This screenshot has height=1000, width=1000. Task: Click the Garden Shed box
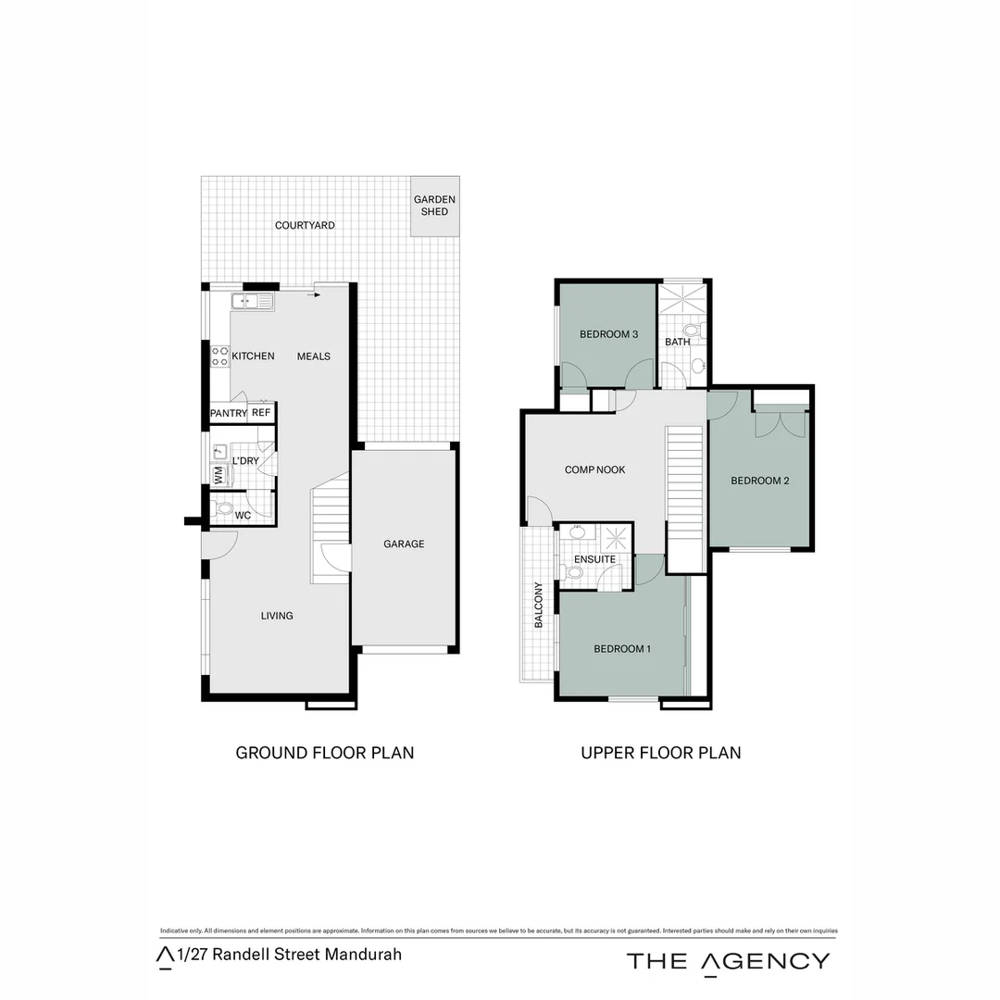tap(434, 205)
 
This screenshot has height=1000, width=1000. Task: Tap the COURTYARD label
tap(305, 225)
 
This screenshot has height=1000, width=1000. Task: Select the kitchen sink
tap(251, 300)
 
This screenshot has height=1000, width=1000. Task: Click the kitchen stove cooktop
tap(220, 356)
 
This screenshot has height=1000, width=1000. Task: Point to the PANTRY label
tap(228, 413)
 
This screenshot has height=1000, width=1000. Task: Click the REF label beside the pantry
tap(261, 413)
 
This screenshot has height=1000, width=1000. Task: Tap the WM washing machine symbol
tap(219, 475)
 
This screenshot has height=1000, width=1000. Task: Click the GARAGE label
tap(404, 544)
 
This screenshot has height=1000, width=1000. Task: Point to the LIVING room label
tap(277, 615)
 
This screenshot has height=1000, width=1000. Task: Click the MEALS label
tap(313, 356)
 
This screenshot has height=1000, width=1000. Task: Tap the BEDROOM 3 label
tap(609, 334)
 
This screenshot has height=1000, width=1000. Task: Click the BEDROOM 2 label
tap(759, 480)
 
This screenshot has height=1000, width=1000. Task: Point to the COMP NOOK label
tap(594, 469)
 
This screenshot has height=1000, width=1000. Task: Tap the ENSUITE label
tap(594, 559)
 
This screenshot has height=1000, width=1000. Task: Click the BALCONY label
tap(538, 606)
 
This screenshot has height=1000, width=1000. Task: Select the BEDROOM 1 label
tap(622, 649)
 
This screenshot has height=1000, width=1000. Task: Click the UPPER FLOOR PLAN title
tap(660, 752)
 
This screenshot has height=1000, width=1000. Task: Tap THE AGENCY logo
tap(728, 960)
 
